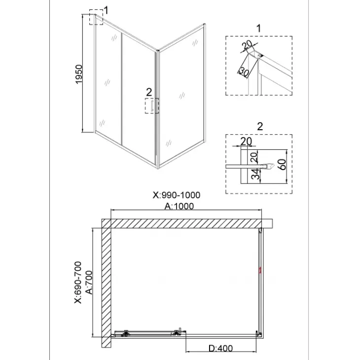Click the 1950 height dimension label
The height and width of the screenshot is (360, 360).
tap(79, 74)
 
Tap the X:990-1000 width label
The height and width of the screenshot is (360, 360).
tap(177, 195)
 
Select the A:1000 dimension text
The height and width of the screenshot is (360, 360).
tap(179, 206)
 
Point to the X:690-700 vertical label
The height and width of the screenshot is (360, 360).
tap(78, 282)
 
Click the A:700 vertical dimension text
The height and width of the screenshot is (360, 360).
tap(89, 283)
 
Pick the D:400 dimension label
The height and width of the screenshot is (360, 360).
tap(220, 348)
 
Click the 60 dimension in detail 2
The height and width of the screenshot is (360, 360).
tap(283, 164)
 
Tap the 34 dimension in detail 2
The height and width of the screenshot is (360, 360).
tap(255, 174)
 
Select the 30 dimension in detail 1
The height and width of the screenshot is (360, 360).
tap(244, 72)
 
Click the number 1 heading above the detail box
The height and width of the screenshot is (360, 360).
tap(259, 29)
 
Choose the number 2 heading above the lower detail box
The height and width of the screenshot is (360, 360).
tap(260, 126)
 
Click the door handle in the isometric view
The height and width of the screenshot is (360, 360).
tap(152, 106)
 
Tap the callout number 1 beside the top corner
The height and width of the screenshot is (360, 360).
tap(106, 10)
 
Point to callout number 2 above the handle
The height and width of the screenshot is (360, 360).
tap(149, 92)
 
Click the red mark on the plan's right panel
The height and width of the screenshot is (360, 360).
tap(260, 270)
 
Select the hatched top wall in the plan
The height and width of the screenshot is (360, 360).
tap(187, 223)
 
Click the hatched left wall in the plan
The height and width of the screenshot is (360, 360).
tap(107, 283)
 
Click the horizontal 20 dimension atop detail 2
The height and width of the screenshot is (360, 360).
tap(246, 141)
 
